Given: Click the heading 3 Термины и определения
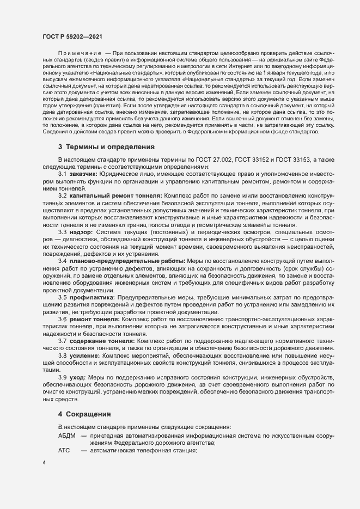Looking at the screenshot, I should (x=107, y=147).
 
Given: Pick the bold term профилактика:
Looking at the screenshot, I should (x=92, y=297).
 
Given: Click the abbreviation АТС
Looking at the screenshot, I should (x=64, y=451).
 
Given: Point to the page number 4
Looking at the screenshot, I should (x=44, y=463).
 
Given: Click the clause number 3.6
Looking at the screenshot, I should (x=63, y=319).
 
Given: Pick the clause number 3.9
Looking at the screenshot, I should (x=63, y=377).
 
